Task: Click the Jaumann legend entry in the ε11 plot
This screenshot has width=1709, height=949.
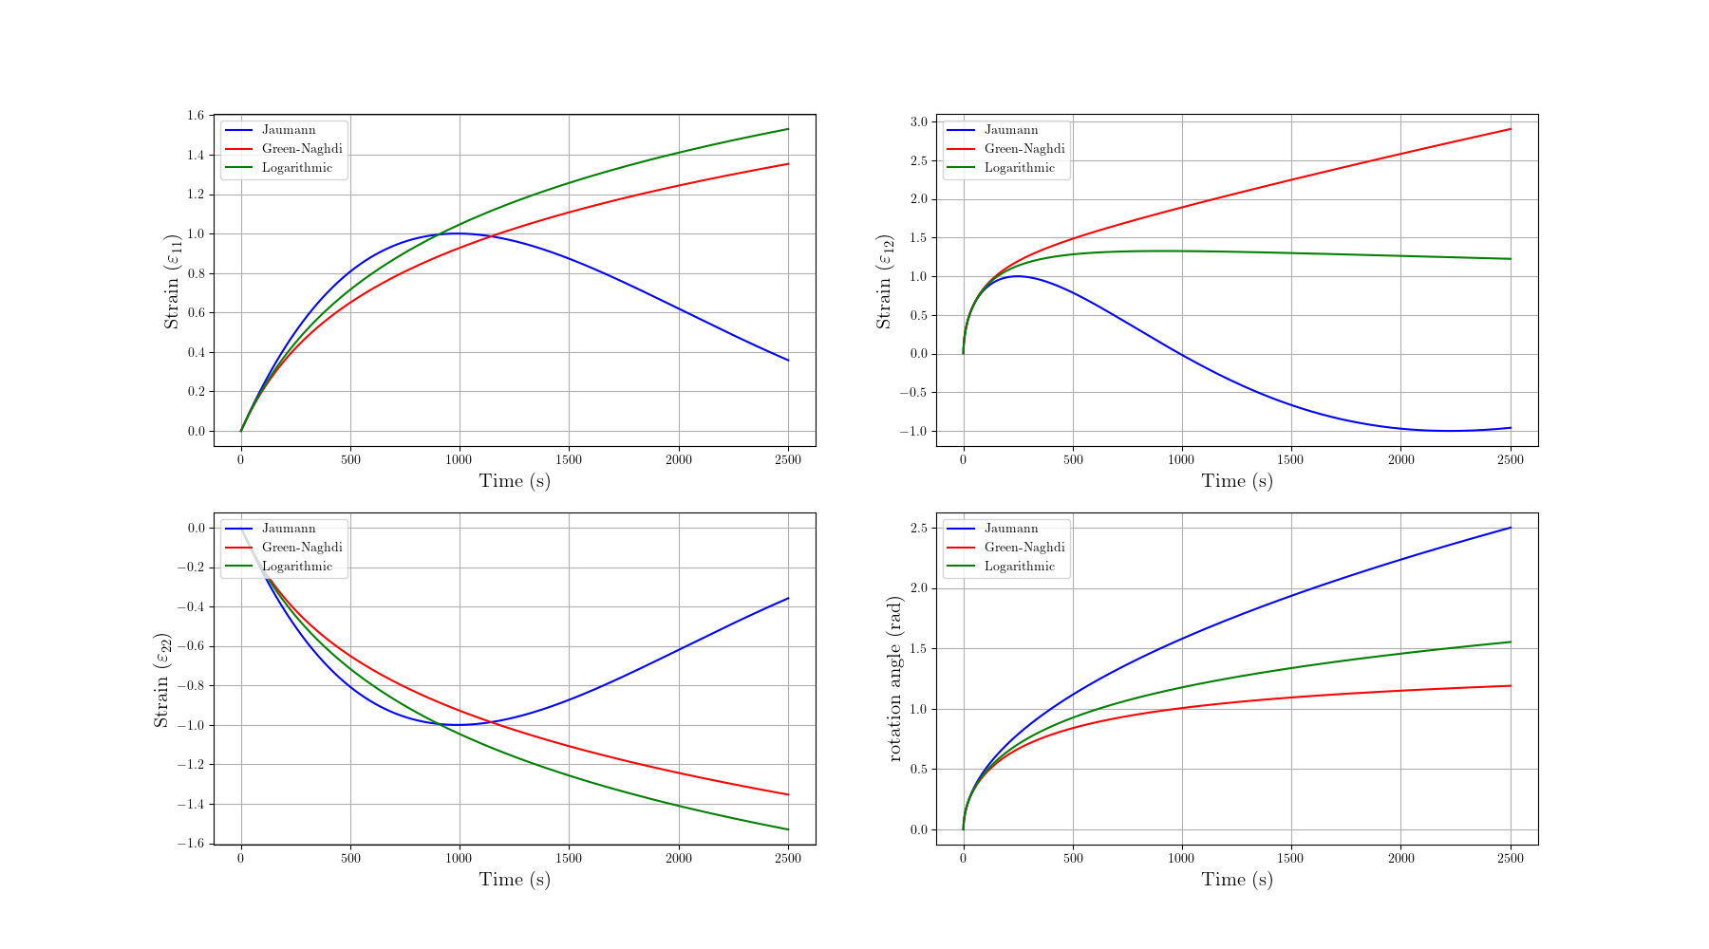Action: click(x=289, y=130)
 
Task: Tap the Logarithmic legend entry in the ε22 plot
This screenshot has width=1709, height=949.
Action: click(x=297, y=567)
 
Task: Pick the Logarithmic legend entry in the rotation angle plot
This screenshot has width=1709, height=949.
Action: click(x=1020, y=567)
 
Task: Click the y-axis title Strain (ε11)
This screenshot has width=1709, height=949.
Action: click(x=173, y=282)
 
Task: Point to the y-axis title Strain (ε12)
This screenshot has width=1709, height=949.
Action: click(x=885, y=282)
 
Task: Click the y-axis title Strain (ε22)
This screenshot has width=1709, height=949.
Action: click(x=162, y=680)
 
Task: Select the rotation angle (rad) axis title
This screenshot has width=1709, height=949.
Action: click(x=894, y=679)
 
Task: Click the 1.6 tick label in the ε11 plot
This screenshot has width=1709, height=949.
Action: click(x=196, y=116)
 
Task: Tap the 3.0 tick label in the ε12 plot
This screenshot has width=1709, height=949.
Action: click(x=918, y=121)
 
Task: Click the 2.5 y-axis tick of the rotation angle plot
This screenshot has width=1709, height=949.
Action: click(x=918, y=528)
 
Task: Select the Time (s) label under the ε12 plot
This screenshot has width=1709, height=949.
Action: click(x=1237, y=481)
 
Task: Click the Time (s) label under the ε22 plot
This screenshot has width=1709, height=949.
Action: click(x=515, y=880)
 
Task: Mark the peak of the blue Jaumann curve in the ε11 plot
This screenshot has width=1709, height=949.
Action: click(x=459, y=233)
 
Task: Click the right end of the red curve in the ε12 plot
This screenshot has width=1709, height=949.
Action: click(x=1510, y=129)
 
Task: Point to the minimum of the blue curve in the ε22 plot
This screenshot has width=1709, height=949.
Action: click(x=459, y=725)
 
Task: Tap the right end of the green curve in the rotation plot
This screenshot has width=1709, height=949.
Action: click(x=1510, y=642)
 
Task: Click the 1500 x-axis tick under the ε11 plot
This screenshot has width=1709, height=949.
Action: click(x=569, y=460)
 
